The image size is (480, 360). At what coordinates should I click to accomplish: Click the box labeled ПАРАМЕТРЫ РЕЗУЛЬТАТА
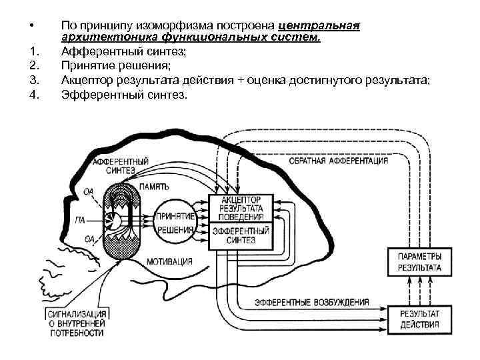click(419, 262)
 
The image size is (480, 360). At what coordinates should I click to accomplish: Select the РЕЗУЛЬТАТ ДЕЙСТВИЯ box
click(419, 319)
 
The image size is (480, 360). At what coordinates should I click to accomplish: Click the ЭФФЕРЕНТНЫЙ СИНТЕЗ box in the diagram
click(241, 235)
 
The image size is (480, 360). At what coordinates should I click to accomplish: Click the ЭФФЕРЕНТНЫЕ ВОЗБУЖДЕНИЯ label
click(311, 302)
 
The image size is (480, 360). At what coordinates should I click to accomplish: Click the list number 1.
click(34, 50)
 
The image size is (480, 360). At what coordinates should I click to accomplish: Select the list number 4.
click(34, 95)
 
